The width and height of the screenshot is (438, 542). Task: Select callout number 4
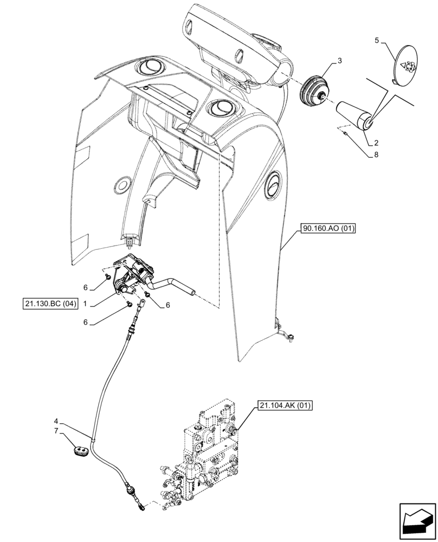pos(56,420)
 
